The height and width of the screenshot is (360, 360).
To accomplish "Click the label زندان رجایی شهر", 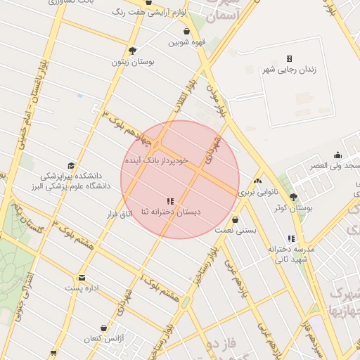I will click(x=289, y=70).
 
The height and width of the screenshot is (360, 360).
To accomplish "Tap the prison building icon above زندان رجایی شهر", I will click(x=289, y=58).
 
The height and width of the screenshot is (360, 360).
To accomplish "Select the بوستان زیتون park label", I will click(x=133, y=61).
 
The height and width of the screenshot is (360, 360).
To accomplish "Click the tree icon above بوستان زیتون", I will click(x=132, y=50).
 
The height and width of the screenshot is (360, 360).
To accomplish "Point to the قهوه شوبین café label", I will click(x=186, y=42).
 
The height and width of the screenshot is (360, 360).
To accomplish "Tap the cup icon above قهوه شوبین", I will click(x=186, y=32).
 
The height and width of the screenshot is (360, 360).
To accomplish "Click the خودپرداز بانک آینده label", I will click(x=157, y=160).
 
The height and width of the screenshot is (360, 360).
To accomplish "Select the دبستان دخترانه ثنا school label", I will click(x=171, y=211).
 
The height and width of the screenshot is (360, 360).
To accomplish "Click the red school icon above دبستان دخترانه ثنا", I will click(x=171, y=201).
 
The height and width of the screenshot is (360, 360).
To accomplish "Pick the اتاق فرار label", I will click(x=118, y=213).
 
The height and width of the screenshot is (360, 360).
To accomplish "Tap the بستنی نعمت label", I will click(x=235, y=230).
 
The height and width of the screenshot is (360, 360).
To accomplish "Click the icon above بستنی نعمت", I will click(x=235, y=220).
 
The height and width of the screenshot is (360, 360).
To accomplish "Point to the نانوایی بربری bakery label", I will click(x=259, y=191).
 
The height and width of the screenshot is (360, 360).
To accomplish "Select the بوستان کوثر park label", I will click(x=293, y=208).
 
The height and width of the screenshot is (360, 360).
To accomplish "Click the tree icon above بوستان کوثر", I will click(x=293, y=198).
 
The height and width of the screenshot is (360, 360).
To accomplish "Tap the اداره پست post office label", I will click(x=83, y=288).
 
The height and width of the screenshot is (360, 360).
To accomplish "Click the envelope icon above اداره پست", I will click(x=82, y=278).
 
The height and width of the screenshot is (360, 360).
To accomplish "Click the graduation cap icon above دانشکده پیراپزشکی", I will click(x=70, y=165).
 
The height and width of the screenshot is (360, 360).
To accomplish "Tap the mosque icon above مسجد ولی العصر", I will click(x=338, y=155).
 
